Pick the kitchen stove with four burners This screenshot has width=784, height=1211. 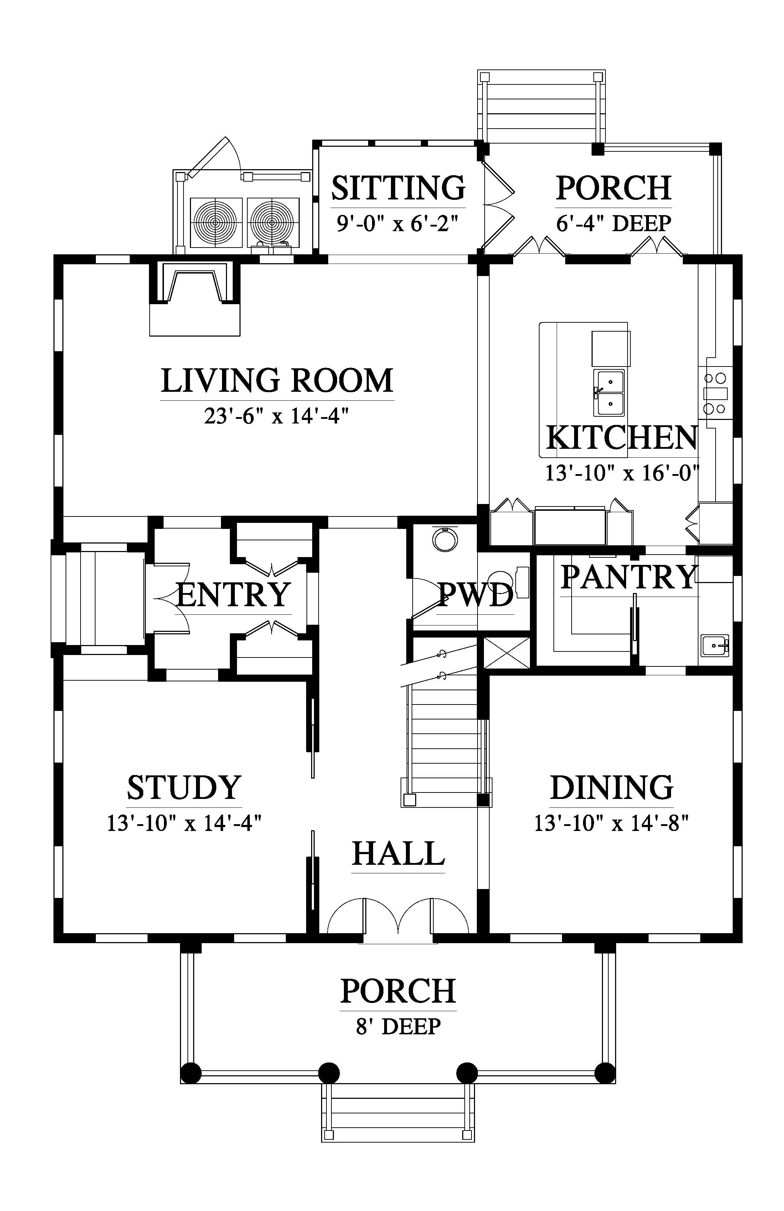tap(715, 393)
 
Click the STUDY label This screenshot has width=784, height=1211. tap(184, 788)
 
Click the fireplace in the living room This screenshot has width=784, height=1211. tap(195, 298)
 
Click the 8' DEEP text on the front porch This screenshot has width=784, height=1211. tap(398, 1026)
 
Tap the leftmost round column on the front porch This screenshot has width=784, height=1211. tap(191, 1074)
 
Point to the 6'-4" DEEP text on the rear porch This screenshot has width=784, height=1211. tap(613, 223)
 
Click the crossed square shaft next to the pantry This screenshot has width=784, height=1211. tap(506, 652)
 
